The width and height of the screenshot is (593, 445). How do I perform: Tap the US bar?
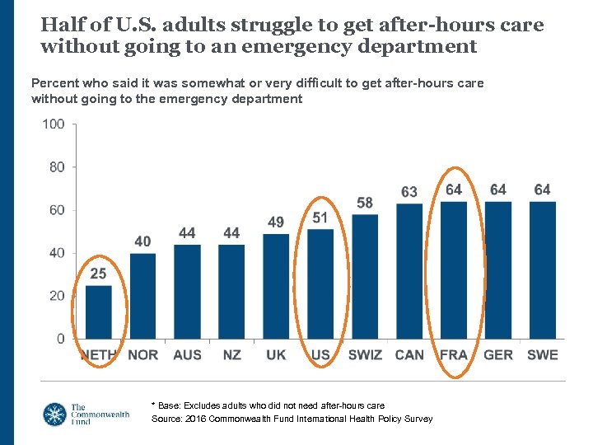(x=320, y=283)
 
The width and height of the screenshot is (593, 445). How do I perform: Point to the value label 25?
(x=98, y=274)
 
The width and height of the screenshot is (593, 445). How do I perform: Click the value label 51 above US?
(x=320, y=218)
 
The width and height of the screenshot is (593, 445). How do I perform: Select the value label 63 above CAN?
(x=409, y=192)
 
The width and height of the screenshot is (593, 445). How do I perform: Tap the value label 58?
(x=365, y=203)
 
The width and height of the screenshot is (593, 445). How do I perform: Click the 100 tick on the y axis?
(x=54, y=124)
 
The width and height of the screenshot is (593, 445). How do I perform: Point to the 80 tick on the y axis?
(x=56, y=167)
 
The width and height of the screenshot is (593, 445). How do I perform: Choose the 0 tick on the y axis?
(x=61, y=339)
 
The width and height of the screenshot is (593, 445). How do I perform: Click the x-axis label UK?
(x=276, y=355)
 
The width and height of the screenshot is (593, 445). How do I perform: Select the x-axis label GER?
(x=497, y=355)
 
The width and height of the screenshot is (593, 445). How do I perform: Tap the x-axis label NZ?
(x=231, y=355)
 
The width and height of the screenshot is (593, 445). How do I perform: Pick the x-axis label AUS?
(x=187, y=355)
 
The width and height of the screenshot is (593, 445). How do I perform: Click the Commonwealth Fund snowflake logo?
(x=56, y=414)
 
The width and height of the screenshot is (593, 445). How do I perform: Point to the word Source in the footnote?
(x=168, y=419)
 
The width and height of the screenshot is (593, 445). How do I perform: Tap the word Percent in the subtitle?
(x=54, y=83)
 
